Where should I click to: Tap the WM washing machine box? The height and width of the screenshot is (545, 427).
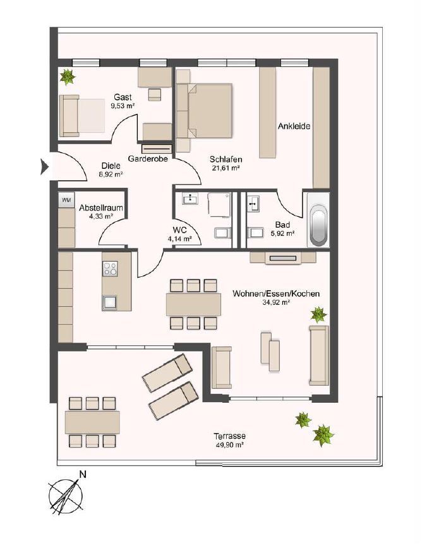[66, 200]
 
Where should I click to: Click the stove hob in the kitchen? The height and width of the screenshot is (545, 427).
[109, 269]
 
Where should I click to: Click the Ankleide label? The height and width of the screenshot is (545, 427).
[294, 126]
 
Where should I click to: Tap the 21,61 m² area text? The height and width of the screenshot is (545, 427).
[226, 168]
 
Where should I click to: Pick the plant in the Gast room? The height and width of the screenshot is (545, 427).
[67, 77]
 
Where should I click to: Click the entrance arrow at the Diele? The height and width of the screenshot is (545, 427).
[44, 167]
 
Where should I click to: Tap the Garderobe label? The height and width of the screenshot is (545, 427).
[147, 159]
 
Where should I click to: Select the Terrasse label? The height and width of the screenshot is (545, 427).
[229, 436]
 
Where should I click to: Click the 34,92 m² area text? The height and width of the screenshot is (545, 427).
[276, 303]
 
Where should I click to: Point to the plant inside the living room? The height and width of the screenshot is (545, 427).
[318, 314]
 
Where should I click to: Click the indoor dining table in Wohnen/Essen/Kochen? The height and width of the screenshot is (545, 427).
[193, 305]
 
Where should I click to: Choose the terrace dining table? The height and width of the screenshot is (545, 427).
[92, 421]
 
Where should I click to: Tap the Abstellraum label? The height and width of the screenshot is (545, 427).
[100, 207]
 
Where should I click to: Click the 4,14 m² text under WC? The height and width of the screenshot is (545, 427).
[179, 239]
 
